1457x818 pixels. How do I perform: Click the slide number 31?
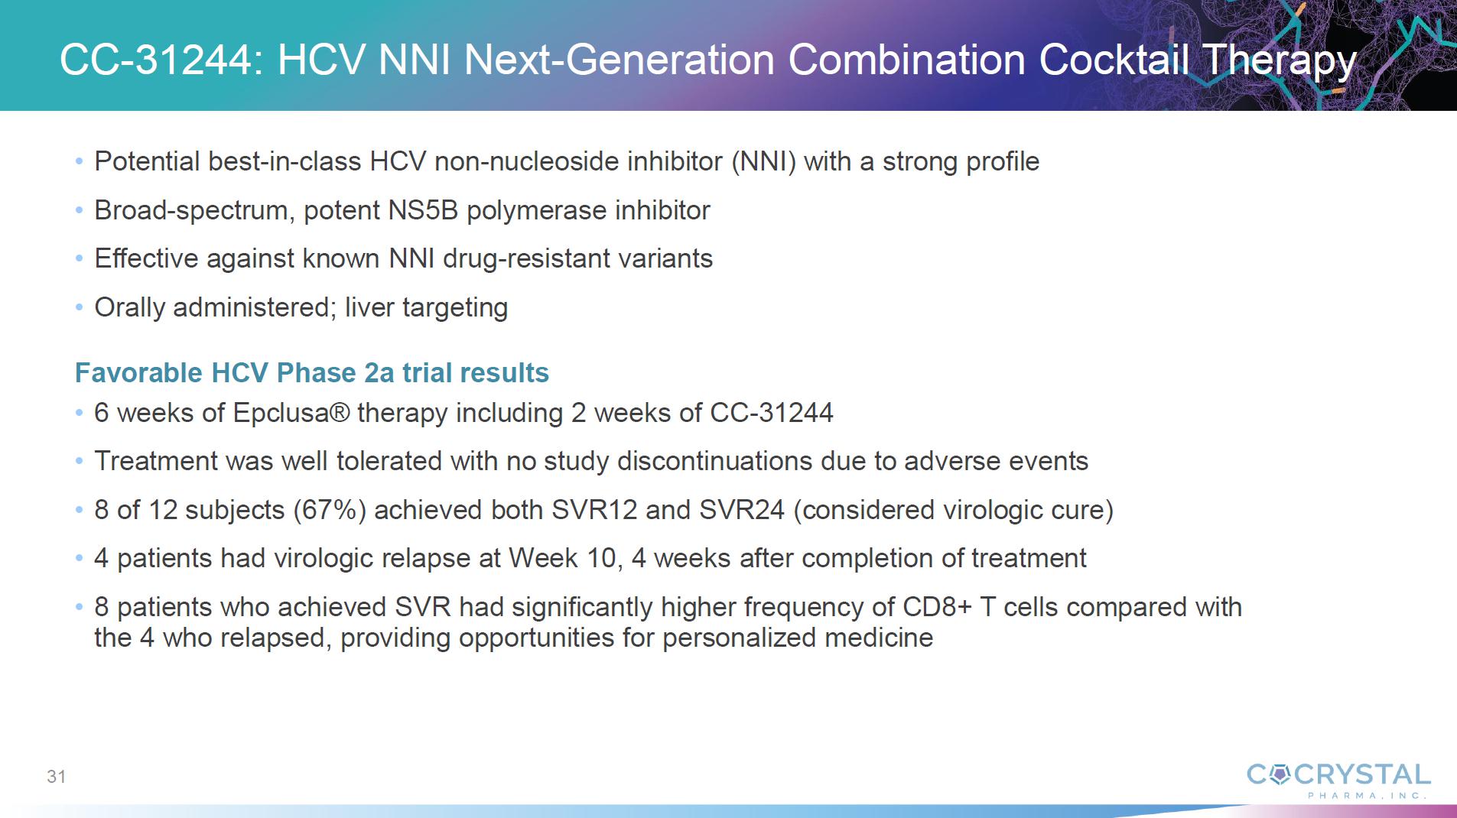(57, 777)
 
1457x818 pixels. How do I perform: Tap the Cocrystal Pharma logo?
(1338, 781)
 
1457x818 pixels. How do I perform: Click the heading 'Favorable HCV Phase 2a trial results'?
(312, 372)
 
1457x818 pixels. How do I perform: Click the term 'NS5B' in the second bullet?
(424, 210)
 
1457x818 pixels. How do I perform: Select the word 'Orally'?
(130, 308)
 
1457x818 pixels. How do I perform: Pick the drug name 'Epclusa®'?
(291, 414)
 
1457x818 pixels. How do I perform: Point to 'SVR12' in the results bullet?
(594, 510)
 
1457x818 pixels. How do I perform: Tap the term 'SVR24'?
(741, 510)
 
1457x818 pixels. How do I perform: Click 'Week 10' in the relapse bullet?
(562, 558)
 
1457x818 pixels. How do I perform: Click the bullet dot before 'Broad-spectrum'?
(80, 211)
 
